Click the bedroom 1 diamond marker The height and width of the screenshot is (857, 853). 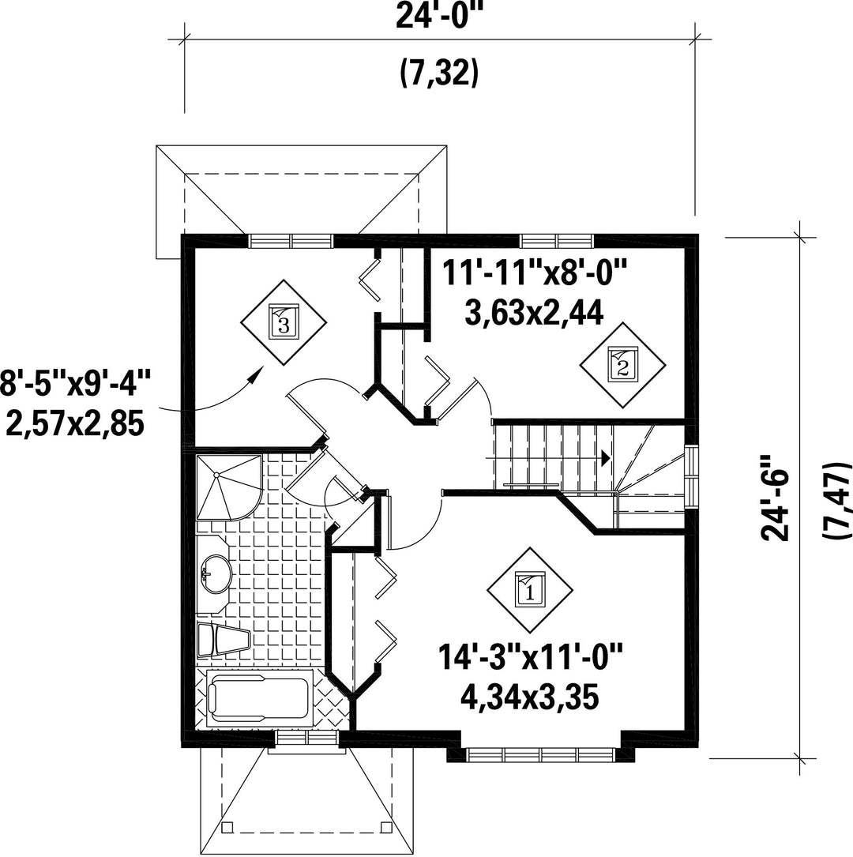[529, 590]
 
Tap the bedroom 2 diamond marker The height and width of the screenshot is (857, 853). [622, 365]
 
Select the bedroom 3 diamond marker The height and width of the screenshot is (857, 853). [284, 322]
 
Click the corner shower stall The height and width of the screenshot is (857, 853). [228, 486]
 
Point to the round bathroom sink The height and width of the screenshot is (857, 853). [217, 574]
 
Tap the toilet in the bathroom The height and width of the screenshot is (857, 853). [224, 640]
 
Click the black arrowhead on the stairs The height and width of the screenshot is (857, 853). [606, 458]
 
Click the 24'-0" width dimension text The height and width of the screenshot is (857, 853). [440, 17]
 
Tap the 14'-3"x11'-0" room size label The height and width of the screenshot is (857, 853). [530, 656]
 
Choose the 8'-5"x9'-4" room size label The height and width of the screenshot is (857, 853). [75, 383]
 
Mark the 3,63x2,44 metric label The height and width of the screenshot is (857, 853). [534, 313]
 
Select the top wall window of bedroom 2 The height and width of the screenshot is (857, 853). [556, 240]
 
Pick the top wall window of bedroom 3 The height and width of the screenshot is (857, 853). [291, 241]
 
